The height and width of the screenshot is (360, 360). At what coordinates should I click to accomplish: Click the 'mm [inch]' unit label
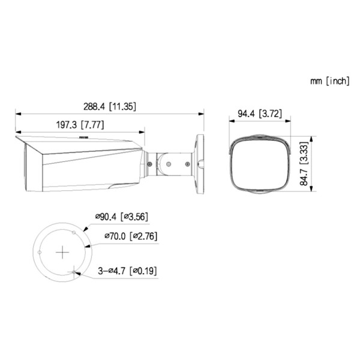coord(329,81)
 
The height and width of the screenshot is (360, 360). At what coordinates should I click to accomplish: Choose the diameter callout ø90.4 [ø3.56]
coord(121,217)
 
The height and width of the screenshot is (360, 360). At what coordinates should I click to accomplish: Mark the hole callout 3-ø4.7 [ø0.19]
coord(127,271)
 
